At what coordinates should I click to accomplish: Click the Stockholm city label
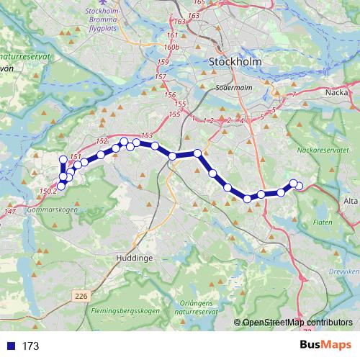[x=235, y=62]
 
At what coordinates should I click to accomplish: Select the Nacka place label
[x=337, y=91]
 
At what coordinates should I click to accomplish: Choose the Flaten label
[x=323, y=222]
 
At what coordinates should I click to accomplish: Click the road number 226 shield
[x=81, y=294]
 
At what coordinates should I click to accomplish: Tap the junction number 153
[x=147, y=135]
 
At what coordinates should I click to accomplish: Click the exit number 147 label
[x=9, y=211]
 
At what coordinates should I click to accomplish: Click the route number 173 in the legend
[x=30, y=346]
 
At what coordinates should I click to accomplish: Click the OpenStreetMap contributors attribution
[x=297, y=323]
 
